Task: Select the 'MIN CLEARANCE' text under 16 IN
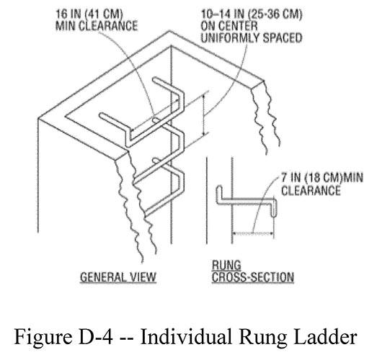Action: (91, 26)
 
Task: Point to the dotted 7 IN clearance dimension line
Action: (252, 233)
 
